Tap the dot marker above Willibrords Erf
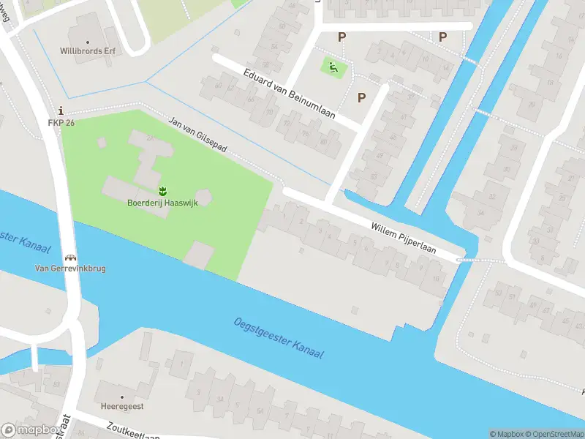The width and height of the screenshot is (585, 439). [x=89, y=42]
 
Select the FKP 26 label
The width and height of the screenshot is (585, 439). [x=61, y=122]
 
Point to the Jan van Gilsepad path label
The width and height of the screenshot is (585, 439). [x=198, y=135]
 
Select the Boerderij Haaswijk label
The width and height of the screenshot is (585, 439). [x=162, y=203]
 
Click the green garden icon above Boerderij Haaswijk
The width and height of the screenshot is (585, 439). [x=162, y=190]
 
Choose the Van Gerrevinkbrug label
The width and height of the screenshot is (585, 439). [x=71, y=269]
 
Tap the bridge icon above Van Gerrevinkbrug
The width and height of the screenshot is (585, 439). [x=71, y=257]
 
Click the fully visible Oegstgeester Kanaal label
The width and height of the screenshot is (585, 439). [x=279, y=338]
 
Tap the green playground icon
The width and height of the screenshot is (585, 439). [x=333, y=68]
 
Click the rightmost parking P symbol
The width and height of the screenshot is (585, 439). [x=442, y=36]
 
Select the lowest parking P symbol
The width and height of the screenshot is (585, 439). [x=361, y=97]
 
